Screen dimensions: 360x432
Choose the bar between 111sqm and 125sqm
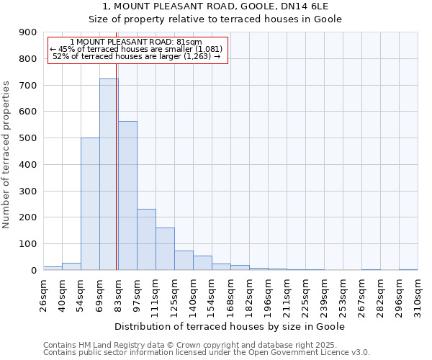tap(165, 249)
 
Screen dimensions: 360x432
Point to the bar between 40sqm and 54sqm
tap(71, 266)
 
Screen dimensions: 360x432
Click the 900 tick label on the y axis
tap(28, 32)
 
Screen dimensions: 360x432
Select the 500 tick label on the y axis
tap(28, 138)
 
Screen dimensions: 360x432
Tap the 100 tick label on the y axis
tap(28, 244)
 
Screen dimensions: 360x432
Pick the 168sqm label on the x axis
tap(230, 295)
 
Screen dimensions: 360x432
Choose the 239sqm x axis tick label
tap(324, 295)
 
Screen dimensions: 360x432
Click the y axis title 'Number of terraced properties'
tap(6, 154)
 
